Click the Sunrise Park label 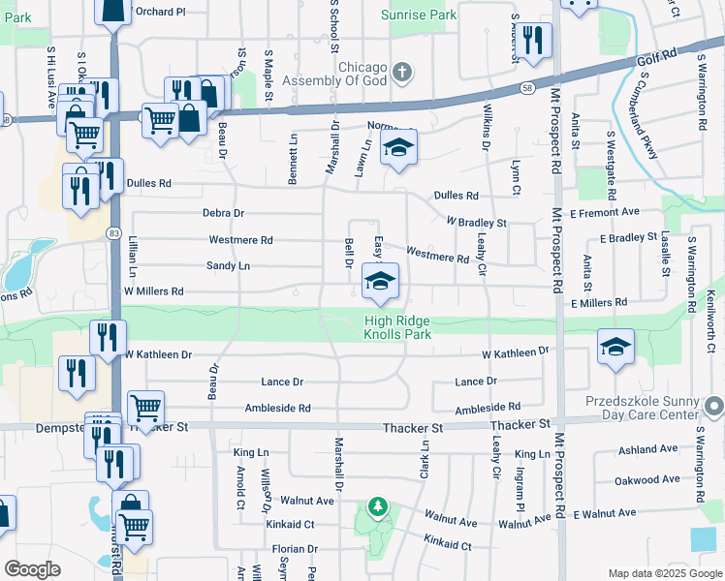(419, 15)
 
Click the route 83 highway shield (113, 233)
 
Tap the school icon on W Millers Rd (381, 282)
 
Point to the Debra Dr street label (223, 213)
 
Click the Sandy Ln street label (228, 265)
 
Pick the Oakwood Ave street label (648, 479)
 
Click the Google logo (32, 569)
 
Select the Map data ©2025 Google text (664, 573)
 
